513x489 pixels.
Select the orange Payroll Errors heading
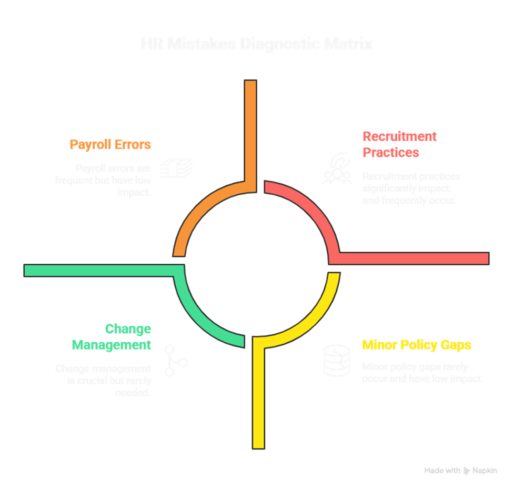pos(110,144)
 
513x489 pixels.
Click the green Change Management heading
pos(112,337)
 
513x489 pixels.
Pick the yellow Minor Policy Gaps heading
pos(417,345)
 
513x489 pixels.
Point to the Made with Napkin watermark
pos(461,471)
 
